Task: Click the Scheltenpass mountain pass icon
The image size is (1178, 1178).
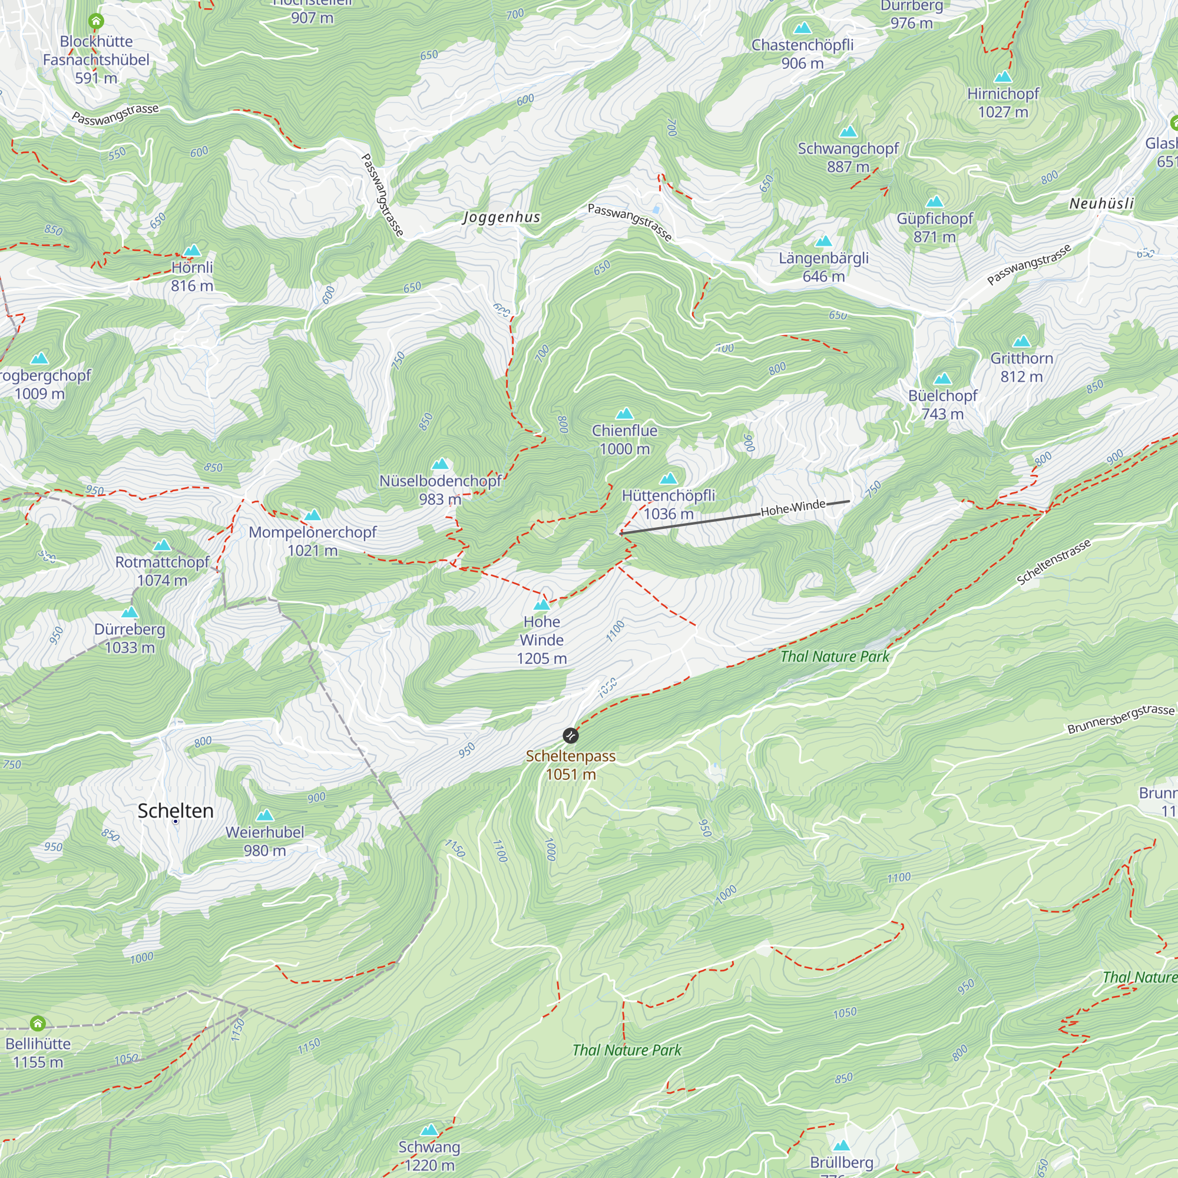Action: pos(570,735)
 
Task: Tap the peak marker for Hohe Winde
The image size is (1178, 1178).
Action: pos(541,605)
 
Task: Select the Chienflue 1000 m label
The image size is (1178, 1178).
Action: pos(624,439)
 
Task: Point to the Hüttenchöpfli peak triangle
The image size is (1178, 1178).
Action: pos(669,479)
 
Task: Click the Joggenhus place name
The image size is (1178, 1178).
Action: pos(501,217)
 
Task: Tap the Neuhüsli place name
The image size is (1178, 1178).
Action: pos(1101,204)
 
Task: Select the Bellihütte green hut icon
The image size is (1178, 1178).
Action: pos(38,1023)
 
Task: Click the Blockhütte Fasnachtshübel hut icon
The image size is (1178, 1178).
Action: pos(96,21)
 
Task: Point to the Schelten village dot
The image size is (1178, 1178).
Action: pos(176,821)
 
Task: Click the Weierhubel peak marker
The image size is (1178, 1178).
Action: pos(264,815)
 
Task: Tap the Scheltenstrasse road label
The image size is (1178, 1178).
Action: pos(1053,562)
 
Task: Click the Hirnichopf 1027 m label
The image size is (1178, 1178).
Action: pos(1002,102)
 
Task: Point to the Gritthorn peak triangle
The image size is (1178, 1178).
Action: pos(1021,342)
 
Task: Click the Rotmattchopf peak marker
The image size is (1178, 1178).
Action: pos(162,545)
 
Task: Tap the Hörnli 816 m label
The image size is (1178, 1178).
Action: pos(192,276)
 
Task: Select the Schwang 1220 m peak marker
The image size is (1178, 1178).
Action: pos(429,1130)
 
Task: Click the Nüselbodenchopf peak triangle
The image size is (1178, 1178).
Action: pos(439,464)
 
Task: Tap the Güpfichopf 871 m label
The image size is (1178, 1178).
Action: pos(935,227)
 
